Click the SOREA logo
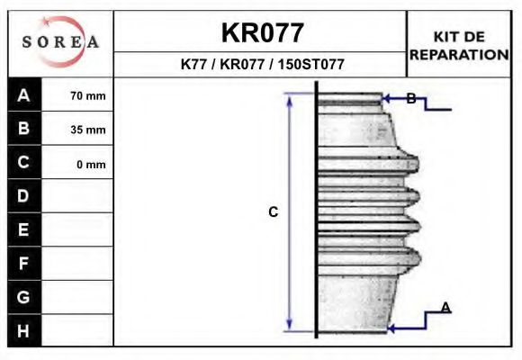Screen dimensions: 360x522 [x=59, y=43]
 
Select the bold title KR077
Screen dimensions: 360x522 [x=262, y=33]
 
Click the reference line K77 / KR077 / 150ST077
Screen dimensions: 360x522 [x=262, y=65]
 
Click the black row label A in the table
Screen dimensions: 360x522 [x=24, y=95]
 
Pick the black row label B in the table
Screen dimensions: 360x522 [x=24, y=129]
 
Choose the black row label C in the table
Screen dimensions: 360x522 [x=24, y=163]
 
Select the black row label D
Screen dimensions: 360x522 [x=24, y=196]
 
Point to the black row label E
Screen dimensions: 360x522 [x=24, y=230]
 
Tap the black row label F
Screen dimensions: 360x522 [x=24, y=264]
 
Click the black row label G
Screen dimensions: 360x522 [x=24, y=297]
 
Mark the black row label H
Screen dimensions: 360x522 [x=24, y=330]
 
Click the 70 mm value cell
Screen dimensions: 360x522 [x=88, y=95]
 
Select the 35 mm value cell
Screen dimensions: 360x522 [x=88, y=130]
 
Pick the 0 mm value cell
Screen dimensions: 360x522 [x=90, y=164]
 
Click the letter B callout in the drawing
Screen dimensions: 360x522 [x=410, y=99]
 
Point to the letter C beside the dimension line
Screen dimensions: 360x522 [x=274, y=212]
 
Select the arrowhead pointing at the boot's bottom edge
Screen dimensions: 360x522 [x=392, y=329]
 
